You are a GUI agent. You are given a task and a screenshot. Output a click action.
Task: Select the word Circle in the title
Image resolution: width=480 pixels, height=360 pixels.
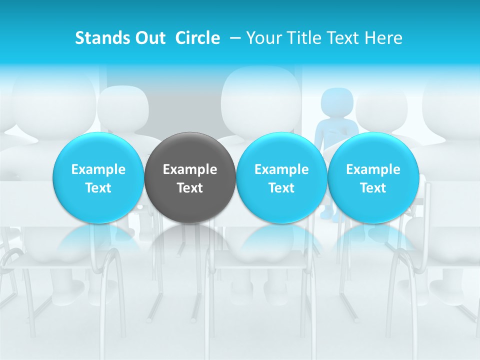pyautogui.click(x=197, y=38)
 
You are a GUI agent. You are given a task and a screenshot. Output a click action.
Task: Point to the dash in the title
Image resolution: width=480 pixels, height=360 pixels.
pyautogui.click(x=234, y=38)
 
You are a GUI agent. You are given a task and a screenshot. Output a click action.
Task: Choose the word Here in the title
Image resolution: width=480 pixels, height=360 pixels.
pyautogui.click(x=383, y=38)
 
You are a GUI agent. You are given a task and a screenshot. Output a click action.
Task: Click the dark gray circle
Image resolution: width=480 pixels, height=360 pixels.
pyautogui.click(x=190, y=177)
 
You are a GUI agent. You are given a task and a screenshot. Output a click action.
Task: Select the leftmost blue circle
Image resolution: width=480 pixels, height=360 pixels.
pyautogui.click(x=98, y=177)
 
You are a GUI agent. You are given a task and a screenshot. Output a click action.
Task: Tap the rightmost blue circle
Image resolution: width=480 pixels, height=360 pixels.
pyautogui.click(x=373, y=177)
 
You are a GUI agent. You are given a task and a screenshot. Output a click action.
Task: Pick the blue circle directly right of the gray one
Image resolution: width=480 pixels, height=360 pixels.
pyautogui.click(x=281, y=177)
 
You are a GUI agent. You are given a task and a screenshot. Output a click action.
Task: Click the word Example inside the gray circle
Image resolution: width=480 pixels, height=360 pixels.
pyautogui.click(x=190, y=169)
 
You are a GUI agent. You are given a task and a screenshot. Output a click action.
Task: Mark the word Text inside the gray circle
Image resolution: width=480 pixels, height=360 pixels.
pyautogui.click(x=190, y=188)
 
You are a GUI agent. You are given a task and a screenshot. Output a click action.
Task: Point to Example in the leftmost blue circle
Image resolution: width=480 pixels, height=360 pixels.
pyautogui.click(x=98, y=169)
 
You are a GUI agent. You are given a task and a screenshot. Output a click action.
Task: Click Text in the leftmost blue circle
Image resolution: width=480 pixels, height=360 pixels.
pyautogui.click(x=98, y=188)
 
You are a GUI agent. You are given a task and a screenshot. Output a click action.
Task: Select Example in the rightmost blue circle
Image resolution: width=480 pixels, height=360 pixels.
pyautogui.click(x=373, y=169)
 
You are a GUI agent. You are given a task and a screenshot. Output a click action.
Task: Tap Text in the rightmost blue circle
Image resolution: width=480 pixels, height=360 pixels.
pyautogui.click(x=373, y=188)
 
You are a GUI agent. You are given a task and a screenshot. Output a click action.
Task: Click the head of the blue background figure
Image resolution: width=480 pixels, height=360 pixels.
pyautogui.click(x=336, y=102)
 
